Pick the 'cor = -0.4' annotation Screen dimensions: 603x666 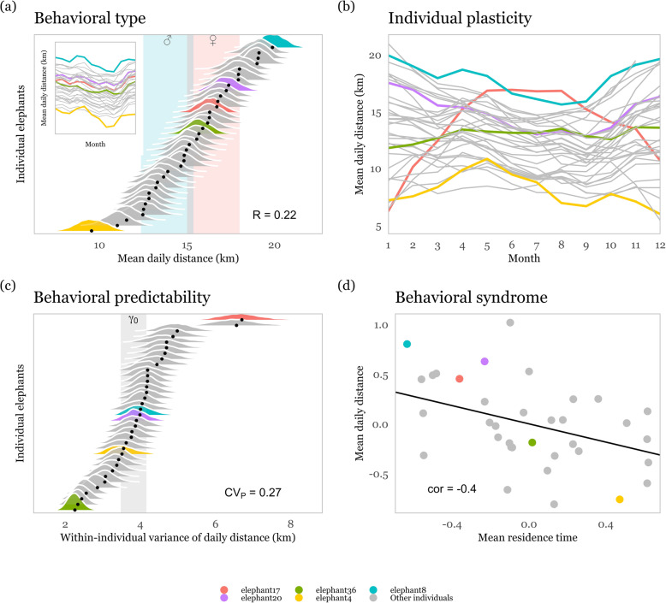coord(453,489)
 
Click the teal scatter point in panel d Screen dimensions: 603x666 coord(407,344)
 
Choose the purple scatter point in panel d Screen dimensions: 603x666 coord(485,361)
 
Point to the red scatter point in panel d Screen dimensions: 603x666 coord(460,378)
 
